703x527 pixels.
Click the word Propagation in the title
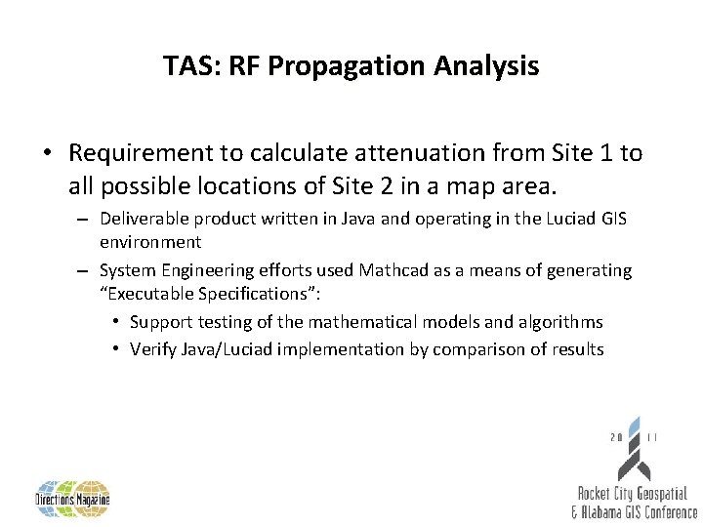pyautogui.click(x=331, y=66)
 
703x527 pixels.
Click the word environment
pyautogui.click(x=150, y=241)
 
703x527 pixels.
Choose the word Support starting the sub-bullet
pyautogui.click(x=160, y=321)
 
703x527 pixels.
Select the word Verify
pyautogui.click(x=153, y=348)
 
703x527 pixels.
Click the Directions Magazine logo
pyautogui.click(x=73, y=498)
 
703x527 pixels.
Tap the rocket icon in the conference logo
pyautogui.click(x=633, y=444)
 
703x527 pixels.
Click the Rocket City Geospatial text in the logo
pyautogui.click(x=632, y=494)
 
